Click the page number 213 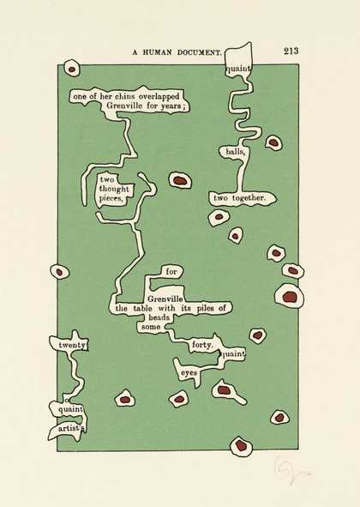click(291, 51)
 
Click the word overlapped click(158, 97)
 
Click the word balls click(236, 151)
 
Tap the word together click(249, 198)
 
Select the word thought click(114, 189)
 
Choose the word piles click(206, 308)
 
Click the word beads click(159, 317)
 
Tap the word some click(151, 327)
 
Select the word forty click(202, 346)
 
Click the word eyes click(189, 373)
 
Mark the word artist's click(72, 429)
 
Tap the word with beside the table click(166, 308)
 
